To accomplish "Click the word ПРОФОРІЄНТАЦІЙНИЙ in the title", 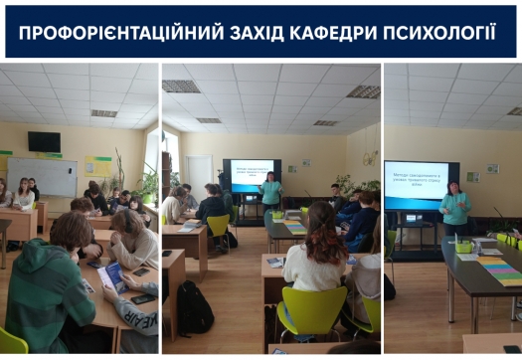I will point(103,33).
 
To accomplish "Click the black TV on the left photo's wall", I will point(44,141).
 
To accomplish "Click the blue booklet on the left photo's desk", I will point(112,276).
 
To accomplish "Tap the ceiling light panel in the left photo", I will point(103,113).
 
